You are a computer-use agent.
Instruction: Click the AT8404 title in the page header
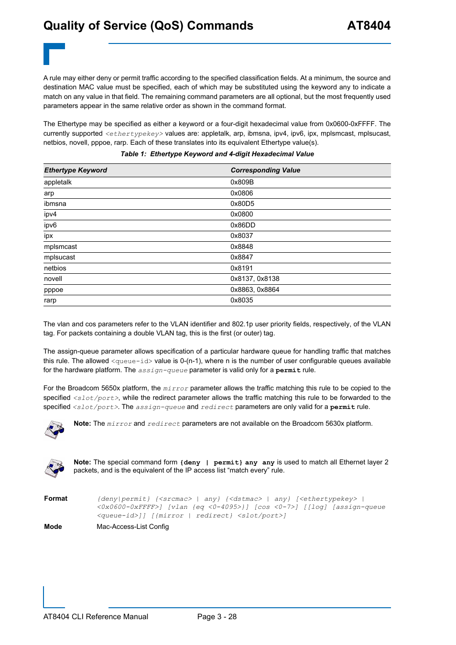point(369,26)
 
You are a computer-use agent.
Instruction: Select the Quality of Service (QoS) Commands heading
point(148,26)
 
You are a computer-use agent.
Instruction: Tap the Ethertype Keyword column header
point(76,171)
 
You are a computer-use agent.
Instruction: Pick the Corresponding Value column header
point(265,171)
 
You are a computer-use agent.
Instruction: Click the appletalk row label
point(58,183)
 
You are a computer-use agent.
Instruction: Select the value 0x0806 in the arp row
point(241,193)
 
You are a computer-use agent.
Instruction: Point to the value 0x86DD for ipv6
point(242,226)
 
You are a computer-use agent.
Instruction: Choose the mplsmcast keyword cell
point(60,247)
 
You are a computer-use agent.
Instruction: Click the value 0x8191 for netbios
point(241,269)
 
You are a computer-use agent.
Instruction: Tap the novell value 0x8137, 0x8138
point(255,279)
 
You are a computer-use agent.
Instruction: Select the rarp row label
point(50,301)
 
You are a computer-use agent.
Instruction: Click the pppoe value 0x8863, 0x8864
point(255,290)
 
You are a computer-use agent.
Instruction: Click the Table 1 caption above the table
point(217,154)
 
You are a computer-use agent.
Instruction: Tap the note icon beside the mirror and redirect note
point(54,430)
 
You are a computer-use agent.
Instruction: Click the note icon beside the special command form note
point(54,468)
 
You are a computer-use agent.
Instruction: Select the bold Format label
point(56,499)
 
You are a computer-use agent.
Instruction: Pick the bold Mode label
point(53,527)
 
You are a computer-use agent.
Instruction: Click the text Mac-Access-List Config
point(133,527)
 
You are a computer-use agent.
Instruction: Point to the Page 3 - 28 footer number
point(217,617)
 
